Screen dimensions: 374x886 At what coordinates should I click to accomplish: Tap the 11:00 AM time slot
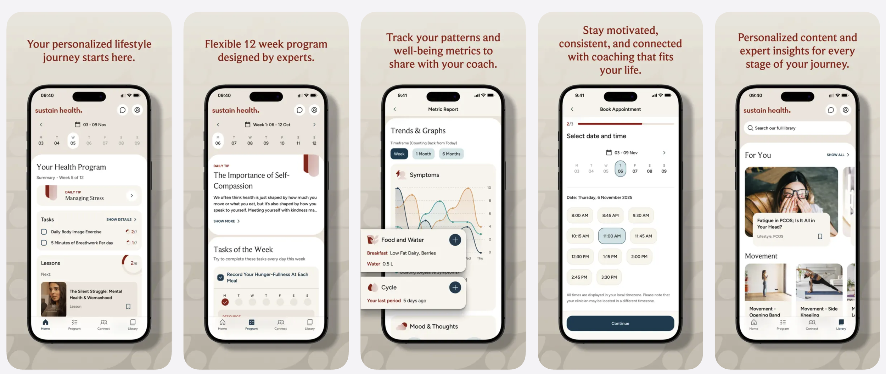click(x=611, y=236)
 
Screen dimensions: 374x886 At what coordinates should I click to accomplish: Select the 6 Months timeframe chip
click(x=451, y=154)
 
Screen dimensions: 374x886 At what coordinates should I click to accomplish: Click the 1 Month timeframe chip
click(x=423, y=154)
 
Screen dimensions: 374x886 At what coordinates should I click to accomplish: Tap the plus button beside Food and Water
click(x=455, y=240)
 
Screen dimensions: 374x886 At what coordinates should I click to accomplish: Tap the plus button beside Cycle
click(x=455, y=288)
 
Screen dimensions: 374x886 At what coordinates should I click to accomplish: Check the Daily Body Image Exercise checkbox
click(x=44, y=232)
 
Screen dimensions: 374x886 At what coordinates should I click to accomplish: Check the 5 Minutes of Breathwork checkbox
click(x=44, y=243)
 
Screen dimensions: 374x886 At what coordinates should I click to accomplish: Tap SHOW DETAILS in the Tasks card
click(x=121, y=219)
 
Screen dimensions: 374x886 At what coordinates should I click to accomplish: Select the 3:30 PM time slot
click(x=609, y=277)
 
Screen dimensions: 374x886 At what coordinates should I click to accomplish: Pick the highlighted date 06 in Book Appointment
click(x=620, y=169)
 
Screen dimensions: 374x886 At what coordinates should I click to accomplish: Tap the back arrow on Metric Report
click(x=394, y=109)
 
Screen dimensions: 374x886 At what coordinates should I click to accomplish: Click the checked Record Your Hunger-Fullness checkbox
click(x=220, y=278)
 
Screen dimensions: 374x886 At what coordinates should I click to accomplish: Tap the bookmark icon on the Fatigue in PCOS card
click(x=819, y=236)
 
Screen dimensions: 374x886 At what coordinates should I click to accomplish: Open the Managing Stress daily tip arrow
click(x=131, y=196)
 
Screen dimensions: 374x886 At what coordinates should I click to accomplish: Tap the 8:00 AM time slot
click(x=579, y=216)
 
